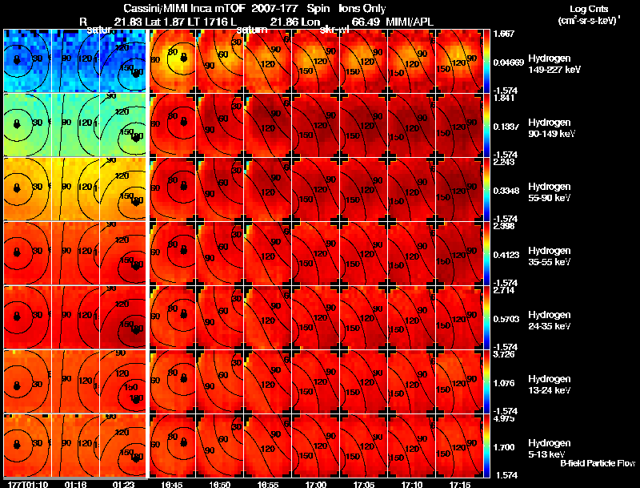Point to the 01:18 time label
coord(75,484)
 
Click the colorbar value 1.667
coord(505,34)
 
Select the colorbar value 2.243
coord(505,162)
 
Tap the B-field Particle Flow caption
coord(597,463)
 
